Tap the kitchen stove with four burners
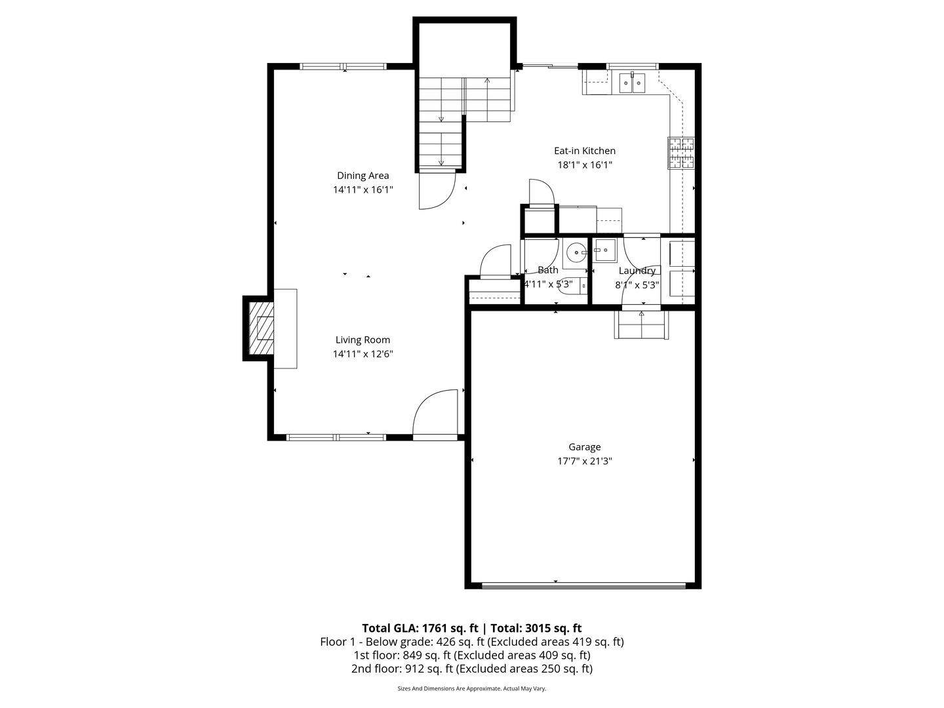point(681,153)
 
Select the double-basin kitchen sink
point(633,83)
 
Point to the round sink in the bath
point(576,252)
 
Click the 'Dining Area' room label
point(363,176)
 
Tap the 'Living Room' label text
point(363,340)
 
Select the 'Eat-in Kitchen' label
point(584,151)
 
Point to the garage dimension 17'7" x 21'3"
point(584,461)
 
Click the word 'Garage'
point(584,447)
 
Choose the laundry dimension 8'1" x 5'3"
point(637,285)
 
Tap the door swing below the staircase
point(436,190)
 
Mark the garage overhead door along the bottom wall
point(583,585)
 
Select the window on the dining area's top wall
point(344,66)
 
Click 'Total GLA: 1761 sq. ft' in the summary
point(420,627)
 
